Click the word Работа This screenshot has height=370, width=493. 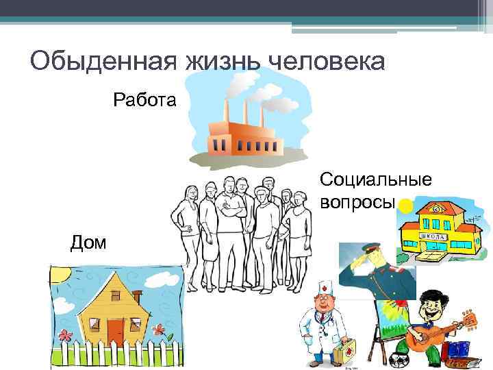144,101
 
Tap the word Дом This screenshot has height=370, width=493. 88,242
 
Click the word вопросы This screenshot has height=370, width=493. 357,203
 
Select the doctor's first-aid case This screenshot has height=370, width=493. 349,354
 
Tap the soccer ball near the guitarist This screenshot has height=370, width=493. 399,360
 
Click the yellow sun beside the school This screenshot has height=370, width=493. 406,205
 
